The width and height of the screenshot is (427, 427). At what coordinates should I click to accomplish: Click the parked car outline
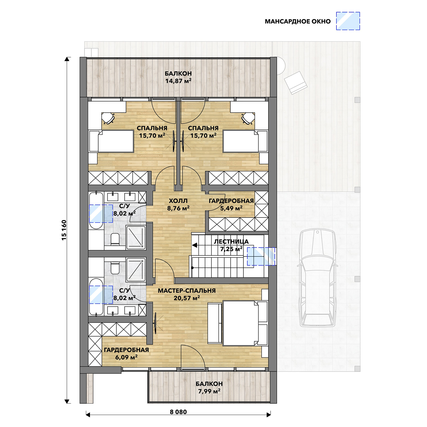(317, 278)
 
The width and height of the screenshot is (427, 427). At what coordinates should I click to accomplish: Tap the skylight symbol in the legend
(348, 21)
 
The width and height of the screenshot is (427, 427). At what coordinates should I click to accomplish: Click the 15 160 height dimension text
(64, 230)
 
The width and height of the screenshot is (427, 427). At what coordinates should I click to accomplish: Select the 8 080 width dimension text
(178, 412)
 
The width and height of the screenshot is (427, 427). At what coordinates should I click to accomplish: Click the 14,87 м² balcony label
(178, 81)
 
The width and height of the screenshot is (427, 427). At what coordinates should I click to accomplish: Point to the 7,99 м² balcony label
(209, 391)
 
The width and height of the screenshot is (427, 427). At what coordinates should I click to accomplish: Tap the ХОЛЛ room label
(178, 201)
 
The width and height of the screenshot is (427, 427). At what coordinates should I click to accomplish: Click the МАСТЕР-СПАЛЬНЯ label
(187, 291)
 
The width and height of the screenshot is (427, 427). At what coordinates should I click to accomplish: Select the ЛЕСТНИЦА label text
(231, 242)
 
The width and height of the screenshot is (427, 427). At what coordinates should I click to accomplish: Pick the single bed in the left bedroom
(111, 141)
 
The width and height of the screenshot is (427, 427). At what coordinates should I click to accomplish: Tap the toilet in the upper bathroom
(115, 239)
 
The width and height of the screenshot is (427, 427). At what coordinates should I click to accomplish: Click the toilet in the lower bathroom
(115, 268)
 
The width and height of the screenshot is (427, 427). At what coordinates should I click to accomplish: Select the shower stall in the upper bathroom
(136, 238)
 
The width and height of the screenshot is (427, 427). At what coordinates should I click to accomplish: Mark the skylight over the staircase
(261, 256)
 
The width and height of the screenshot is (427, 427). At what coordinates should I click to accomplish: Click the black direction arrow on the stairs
(195, 245)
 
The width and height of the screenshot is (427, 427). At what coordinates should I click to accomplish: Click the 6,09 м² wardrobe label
(126, 357)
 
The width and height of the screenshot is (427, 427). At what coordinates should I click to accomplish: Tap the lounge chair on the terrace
(296, 83)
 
